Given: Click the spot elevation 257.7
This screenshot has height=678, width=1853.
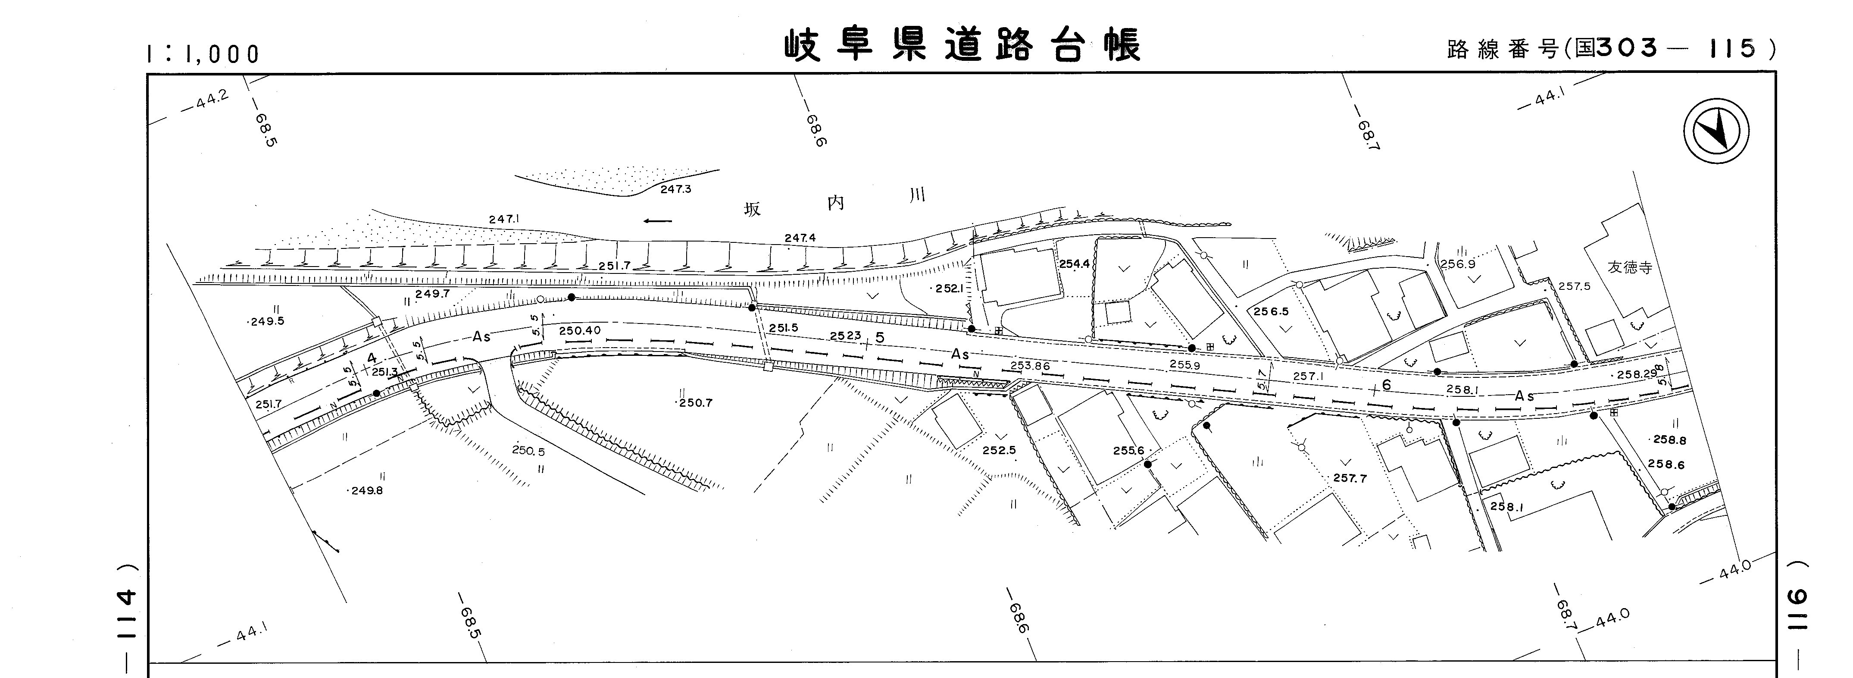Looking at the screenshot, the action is click(x=1350, y=478).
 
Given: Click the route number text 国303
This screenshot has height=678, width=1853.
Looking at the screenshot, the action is click(x=1616, y=48).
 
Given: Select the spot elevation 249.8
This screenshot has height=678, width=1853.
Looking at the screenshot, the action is click(x=367, y=491).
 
